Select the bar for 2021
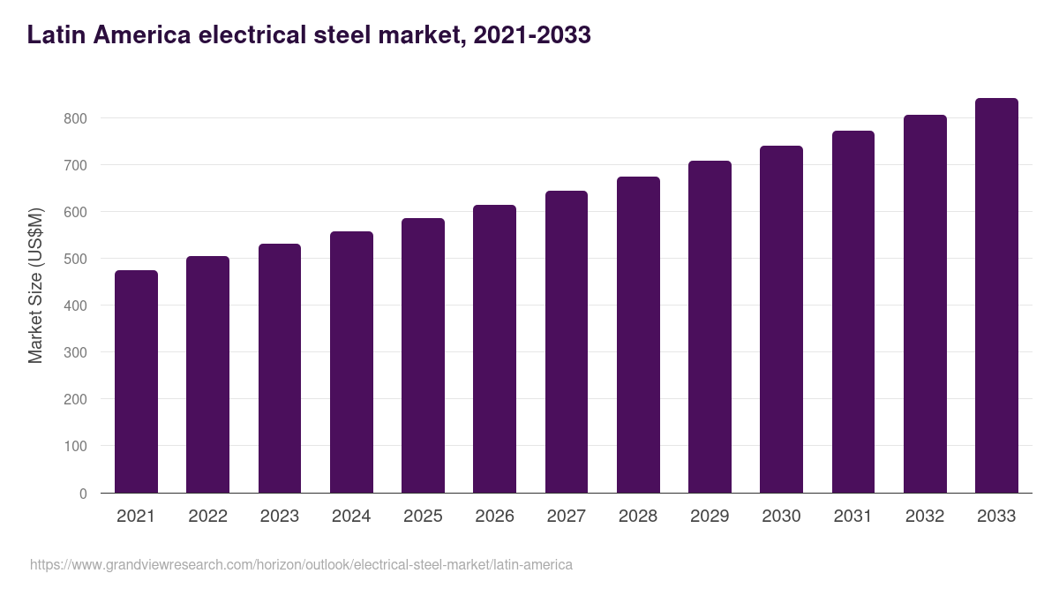pos(136,381)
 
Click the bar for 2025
pos(423,356)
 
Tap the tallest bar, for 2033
pos(996,296)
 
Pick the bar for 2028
pos(638,335)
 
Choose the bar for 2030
pos(781,320)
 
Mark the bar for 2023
pos(280,368)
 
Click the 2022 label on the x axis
pos(207,517)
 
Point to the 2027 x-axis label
pos(566,517)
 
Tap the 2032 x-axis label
pos(925,517)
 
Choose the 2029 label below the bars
pos(710,517)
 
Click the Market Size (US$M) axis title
pos(35,284)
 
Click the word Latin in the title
pos(56,35)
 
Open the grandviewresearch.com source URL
pos(301,564)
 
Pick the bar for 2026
pos(494,349)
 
